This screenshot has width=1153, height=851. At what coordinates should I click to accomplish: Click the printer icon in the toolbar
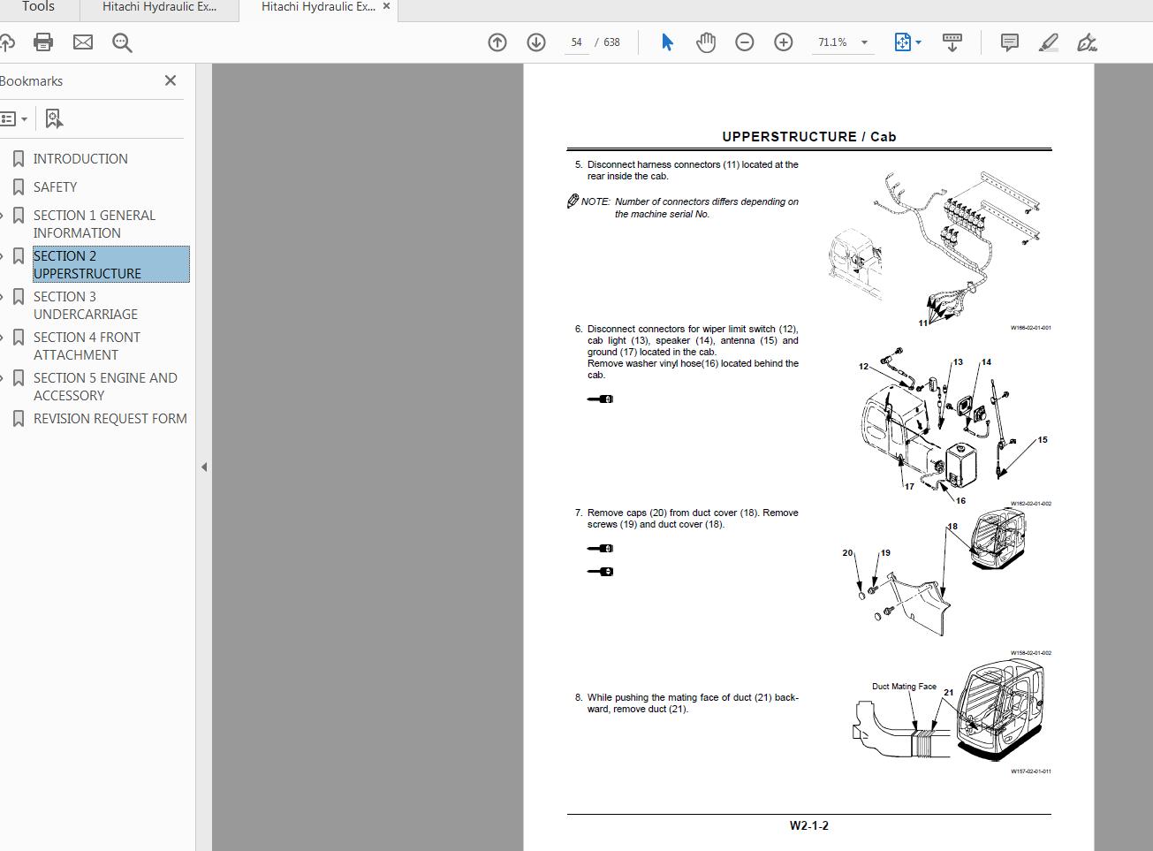43,42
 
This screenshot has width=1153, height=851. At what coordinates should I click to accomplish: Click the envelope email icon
83,42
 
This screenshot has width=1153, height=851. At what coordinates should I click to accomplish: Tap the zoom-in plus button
783,42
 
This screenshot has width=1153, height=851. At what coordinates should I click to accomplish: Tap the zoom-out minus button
745,42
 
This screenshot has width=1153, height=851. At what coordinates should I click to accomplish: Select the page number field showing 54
576,42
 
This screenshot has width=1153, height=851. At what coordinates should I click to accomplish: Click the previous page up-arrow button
497,42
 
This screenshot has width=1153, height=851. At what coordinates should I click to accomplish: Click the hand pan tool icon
705,42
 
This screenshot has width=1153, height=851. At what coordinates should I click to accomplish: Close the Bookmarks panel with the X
171,80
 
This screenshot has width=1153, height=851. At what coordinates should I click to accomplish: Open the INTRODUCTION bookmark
80,158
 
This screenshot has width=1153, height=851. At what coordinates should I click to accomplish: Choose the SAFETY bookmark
55,186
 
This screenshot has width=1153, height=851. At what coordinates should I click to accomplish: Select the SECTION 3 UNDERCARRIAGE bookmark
85,305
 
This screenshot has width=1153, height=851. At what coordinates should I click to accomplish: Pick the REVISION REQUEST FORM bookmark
110,418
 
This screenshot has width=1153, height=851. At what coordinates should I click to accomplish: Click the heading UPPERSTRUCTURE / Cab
808,136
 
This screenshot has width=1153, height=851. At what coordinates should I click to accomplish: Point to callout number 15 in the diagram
1043,439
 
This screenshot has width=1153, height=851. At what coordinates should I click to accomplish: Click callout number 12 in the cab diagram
863,366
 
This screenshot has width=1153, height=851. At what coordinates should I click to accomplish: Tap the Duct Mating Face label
903,686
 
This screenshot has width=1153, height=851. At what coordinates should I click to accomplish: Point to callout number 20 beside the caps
847,553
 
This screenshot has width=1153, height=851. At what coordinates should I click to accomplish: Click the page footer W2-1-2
808,825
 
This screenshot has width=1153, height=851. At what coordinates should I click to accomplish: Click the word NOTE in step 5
595,201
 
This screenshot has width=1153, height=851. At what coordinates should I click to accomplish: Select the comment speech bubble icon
1009,42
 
